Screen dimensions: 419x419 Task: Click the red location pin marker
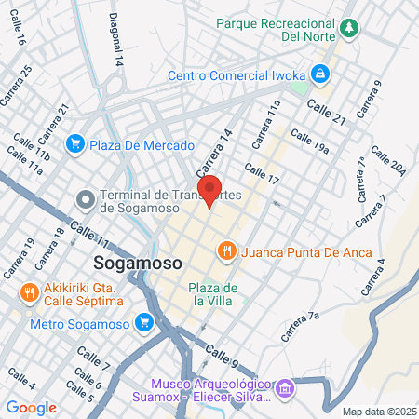[209, 191]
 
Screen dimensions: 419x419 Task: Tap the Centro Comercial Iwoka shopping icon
[319, 73]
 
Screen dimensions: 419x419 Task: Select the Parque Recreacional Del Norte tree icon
[349, 28]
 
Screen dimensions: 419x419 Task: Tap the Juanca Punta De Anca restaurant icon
[226, 251]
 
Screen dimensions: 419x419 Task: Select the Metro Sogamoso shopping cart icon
[143, 323]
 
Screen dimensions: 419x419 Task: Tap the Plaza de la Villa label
[213, 292]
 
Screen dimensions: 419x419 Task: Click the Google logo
[31, 407]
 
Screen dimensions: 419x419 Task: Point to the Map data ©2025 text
[378, 411]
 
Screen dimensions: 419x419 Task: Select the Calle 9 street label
[223, 355]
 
